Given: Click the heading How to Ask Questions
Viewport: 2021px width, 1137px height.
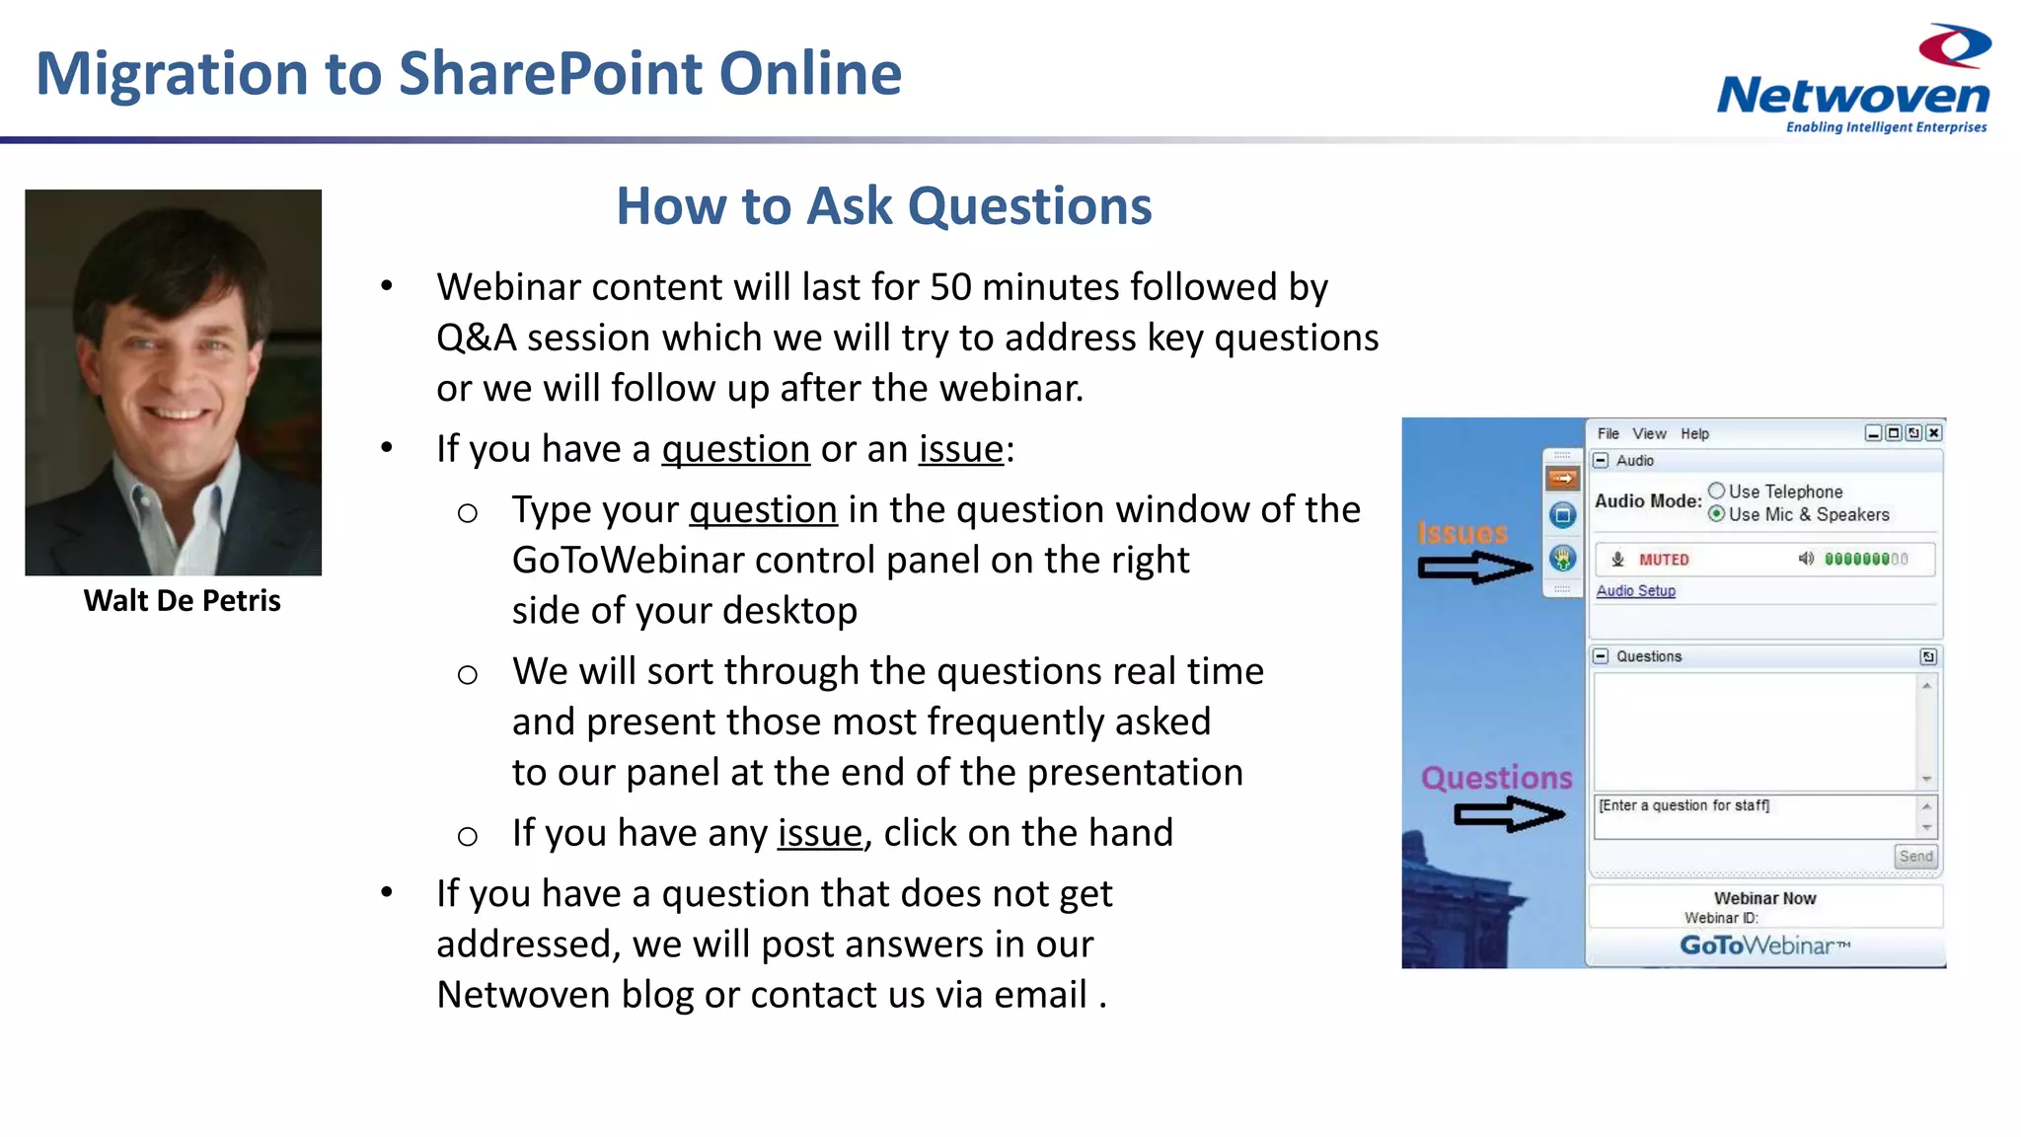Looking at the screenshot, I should [x=883, y=206].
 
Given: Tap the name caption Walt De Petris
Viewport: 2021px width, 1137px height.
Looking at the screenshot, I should [x=183, y=600].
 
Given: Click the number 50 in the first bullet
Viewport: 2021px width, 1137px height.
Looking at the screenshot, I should [x=950, y=287].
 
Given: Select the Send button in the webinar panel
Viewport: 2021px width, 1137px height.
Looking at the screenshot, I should [x=1915, y=856].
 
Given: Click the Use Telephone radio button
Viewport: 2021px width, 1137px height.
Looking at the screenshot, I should [x=1717, y=491].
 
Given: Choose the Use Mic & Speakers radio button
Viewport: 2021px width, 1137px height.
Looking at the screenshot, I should [x=1717, y=513].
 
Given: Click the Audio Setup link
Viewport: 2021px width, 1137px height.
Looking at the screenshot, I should [x=1635, y=590].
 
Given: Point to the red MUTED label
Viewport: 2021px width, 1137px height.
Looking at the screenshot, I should [x=1664, y=560].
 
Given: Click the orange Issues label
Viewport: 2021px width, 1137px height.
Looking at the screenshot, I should [x=1462, y=533].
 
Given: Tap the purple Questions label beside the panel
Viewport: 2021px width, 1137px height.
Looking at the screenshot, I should [x=1496, y=778].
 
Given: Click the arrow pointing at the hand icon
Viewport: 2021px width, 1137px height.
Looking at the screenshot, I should [x=1474, y=568].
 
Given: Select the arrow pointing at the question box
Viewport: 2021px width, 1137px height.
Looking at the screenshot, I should [x=1509, y=814].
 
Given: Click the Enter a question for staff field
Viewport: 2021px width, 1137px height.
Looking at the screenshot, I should [x=1754, y=816].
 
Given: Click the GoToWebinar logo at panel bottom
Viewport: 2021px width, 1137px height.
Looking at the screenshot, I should [x=1764, y=946].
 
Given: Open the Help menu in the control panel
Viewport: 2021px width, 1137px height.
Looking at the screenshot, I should [x=1694, y=433].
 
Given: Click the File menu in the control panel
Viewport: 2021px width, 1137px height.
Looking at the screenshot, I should [x=1608, y=433].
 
